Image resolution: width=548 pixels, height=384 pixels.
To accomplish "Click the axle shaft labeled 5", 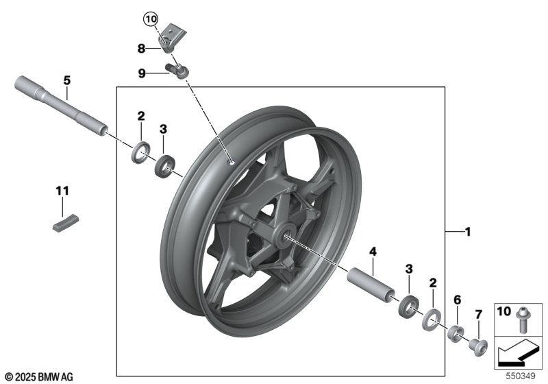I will [x=62, y=108].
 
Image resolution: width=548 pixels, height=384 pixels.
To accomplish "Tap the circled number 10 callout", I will [x=150, y=19].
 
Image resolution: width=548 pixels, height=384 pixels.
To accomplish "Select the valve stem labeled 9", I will [x=177, y=71].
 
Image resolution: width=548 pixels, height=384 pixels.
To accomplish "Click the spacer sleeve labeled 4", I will [x=370, y=285].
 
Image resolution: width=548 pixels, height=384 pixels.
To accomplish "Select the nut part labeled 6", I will [x=458, y=334].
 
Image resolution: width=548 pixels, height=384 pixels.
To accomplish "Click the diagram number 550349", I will [x=521, y=376].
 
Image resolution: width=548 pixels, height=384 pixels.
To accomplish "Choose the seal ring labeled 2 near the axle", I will [x=141, y=151].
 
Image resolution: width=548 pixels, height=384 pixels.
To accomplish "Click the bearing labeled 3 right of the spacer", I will [x=408, y=304].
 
